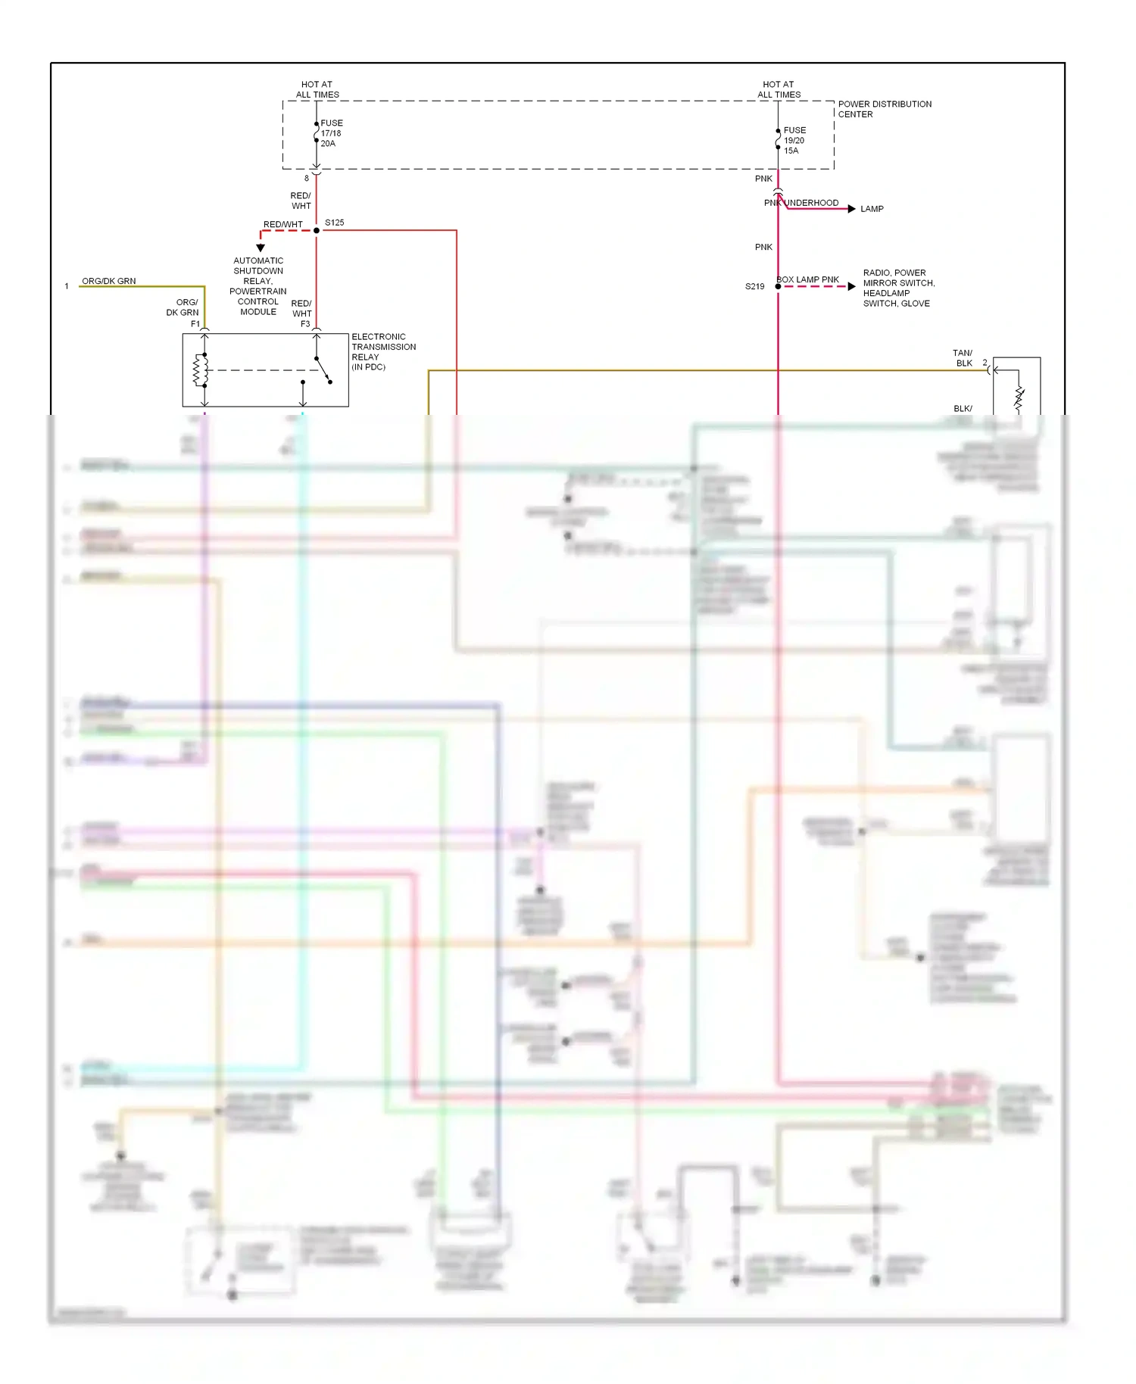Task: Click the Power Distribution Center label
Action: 884,109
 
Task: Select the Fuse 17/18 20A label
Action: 331,133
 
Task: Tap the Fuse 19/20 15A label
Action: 794,140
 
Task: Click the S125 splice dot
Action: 317,230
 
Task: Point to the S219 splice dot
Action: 778,286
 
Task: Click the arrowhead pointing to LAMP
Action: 852,209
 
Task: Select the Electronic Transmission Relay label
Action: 382,351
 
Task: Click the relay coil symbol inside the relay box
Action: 200,370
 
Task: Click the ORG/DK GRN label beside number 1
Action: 109,281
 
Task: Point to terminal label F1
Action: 195,324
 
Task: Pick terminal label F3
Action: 305,324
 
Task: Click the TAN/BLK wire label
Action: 963,358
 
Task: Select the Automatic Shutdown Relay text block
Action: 258,286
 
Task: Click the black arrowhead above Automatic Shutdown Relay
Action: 261,248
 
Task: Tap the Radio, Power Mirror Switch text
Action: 898,288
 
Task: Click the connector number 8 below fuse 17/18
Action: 307,179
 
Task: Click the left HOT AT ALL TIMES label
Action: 317,89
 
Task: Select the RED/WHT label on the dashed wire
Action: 282,224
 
